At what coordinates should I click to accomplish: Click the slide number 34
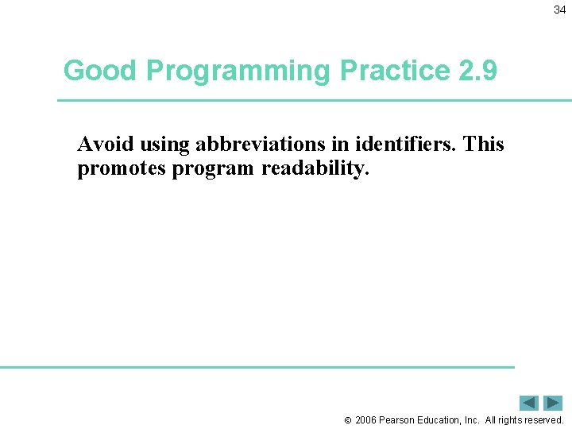point(559,10)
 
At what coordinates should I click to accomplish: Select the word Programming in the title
point(238,71)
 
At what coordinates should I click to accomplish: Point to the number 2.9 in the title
point(477,71)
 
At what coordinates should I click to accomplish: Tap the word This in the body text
point(483,144)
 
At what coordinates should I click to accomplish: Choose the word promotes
point(122,170)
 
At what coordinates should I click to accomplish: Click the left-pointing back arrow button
point(529,403)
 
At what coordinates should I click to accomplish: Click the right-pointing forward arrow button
point(552,403)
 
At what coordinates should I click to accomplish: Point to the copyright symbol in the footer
point(347,419)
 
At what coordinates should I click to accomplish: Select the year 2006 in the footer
point(365,419)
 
